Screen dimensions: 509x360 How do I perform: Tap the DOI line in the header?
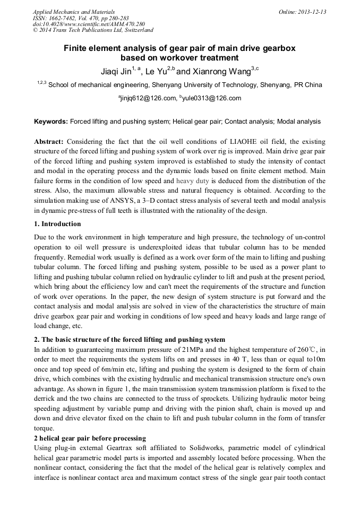[89, 24]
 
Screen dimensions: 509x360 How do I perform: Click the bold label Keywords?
[51, 122]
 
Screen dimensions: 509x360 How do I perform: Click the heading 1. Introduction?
[57, 224]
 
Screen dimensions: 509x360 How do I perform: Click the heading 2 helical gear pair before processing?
[90, 438]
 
